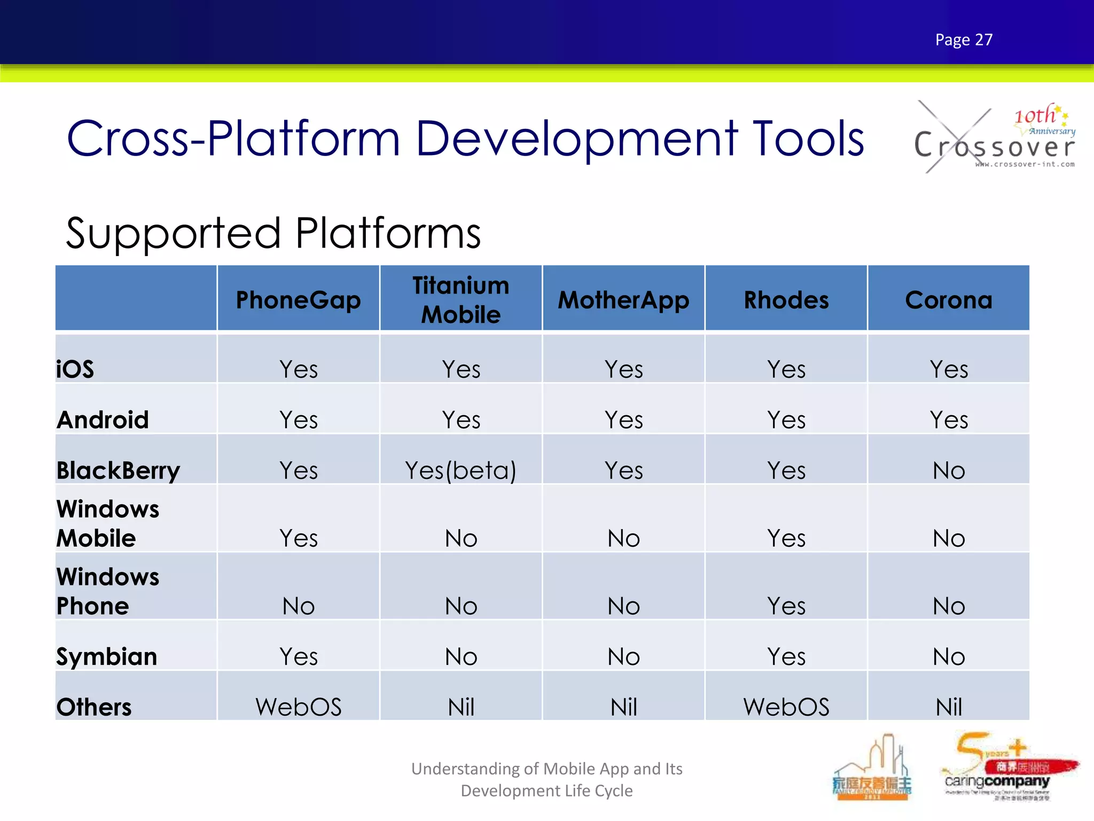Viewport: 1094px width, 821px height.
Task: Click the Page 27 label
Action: (x=964, y=40)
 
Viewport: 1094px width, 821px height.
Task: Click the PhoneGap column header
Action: (x=298, y=300)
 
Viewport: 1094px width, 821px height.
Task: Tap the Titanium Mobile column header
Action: (x=460, y=299)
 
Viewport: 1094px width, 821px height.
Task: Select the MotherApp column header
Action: (x=623, y=300)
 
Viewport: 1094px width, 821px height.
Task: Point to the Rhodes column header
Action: (x=786, y=300)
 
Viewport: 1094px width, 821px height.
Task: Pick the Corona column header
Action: (x=949, y=300)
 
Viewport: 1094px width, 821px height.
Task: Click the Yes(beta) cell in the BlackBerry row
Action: (x=460, y=470)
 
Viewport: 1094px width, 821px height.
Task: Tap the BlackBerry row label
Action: (x=118, y=470)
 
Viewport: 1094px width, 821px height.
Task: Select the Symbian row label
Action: (x=107, y=656)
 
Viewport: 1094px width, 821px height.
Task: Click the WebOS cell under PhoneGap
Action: (x=298, y=707)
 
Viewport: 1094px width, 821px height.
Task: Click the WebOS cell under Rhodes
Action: (x=786, y=707)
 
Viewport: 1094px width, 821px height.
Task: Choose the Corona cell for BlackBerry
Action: (x=949, y=470)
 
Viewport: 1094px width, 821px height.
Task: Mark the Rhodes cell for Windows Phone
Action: (x=786, y=606)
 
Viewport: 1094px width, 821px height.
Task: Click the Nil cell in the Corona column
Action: (x=949, y=707)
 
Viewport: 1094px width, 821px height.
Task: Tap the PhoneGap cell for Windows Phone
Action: (x=298, y=606)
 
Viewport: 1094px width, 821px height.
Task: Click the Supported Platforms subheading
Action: (x=273, y=233)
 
